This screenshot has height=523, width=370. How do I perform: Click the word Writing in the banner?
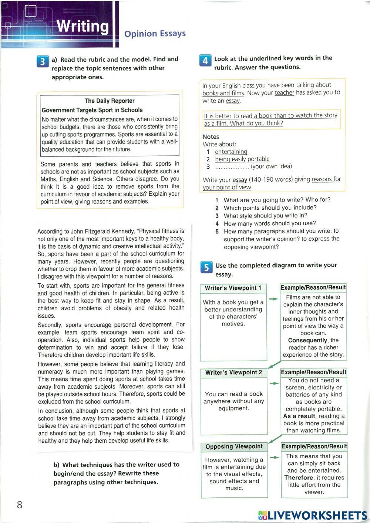pyautogui.click(x=83, y=27)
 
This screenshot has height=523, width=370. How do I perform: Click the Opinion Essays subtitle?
pyautogui.click(x=155, y=34)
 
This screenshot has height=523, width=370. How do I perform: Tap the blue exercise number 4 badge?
pyautogui.click(x=205, y=60)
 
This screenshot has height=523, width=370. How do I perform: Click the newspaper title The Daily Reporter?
pyautogui.click(x=110, y=101)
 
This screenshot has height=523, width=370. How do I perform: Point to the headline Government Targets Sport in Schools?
pyautogui.click(x=92, y=110)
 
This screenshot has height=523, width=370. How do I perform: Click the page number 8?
pyautogui.click(x=20, y=505)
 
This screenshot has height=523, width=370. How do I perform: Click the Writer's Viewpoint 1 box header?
pyautogui.click(x=233, y=288)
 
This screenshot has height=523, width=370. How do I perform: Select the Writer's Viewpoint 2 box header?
pyautogui.click(x=233, y=372)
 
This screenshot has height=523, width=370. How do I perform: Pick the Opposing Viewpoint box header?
pyautogui.click(x=234, y=446)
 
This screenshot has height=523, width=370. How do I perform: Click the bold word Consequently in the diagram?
pyautogui.click(x=307, y=340)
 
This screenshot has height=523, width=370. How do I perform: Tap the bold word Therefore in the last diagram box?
pyautogui.click(x=299, y=478)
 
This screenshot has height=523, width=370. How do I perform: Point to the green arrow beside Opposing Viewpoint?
pyautogui.click(x=274, y=458)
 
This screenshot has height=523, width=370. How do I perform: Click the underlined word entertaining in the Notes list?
pyautogui.click(x=231, y=152)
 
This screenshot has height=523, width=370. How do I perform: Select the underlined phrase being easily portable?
pyautogui.click(x=242, y=159)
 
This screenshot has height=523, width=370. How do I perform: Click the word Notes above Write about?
pyautogui.click(x=211, y=136)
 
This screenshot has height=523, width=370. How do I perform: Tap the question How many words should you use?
pyautogui.click(x=269, y=223)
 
